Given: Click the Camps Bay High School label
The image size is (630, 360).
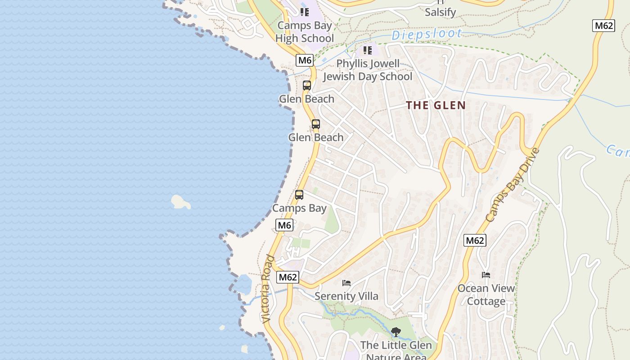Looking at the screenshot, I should click(x=305, y=32).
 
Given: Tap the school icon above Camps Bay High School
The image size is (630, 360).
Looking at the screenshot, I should click(x=305, y=12).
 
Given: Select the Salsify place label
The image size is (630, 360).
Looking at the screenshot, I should click(x=440, y=12).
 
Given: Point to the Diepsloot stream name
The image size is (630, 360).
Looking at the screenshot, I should click(x=426, y=34).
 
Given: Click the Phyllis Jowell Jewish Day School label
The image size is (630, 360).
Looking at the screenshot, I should click(x=368, y=70).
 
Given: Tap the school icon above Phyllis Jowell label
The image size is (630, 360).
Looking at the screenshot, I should click(x=368, y=50).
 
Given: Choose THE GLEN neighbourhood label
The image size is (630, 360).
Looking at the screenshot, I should click(x=436, y=105).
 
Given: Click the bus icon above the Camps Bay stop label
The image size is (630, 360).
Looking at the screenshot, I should click(x=299, y=195).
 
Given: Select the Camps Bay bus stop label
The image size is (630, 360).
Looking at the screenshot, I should click(x=299, y=208).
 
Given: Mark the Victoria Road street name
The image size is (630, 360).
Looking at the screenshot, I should click(x=268, y=288).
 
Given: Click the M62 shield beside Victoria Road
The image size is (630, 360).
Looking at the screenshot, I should click(x=288, y=277).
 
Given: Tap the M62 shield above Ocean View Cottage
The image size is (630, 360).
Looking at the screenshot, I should click(x=475, y=240).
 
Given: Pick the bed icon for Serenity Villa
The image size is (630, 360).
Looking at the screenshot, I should click(x=346, y=283).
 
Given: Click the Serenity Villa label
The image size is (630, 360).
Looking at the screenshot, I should click(x=346, y=296).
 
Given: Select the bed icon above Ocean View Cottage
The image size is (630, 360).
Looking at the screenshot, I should click(x=486, y=274).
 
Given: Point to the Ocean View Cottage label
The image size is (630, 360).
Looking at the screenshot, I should click(x=486, y=294).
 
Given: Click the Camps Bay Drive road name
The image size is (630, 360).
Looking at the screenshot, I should click(x=513, y=184).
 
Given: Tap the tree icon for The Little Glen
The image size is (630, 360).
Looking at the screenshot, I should click(x=396, y=332).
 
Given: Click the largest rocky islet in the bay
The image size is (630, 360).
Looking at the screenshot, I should click(x=181, y=202).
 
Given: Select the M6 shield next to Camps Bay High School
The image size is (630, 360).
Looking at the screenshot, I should click(x=305, y=60).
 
